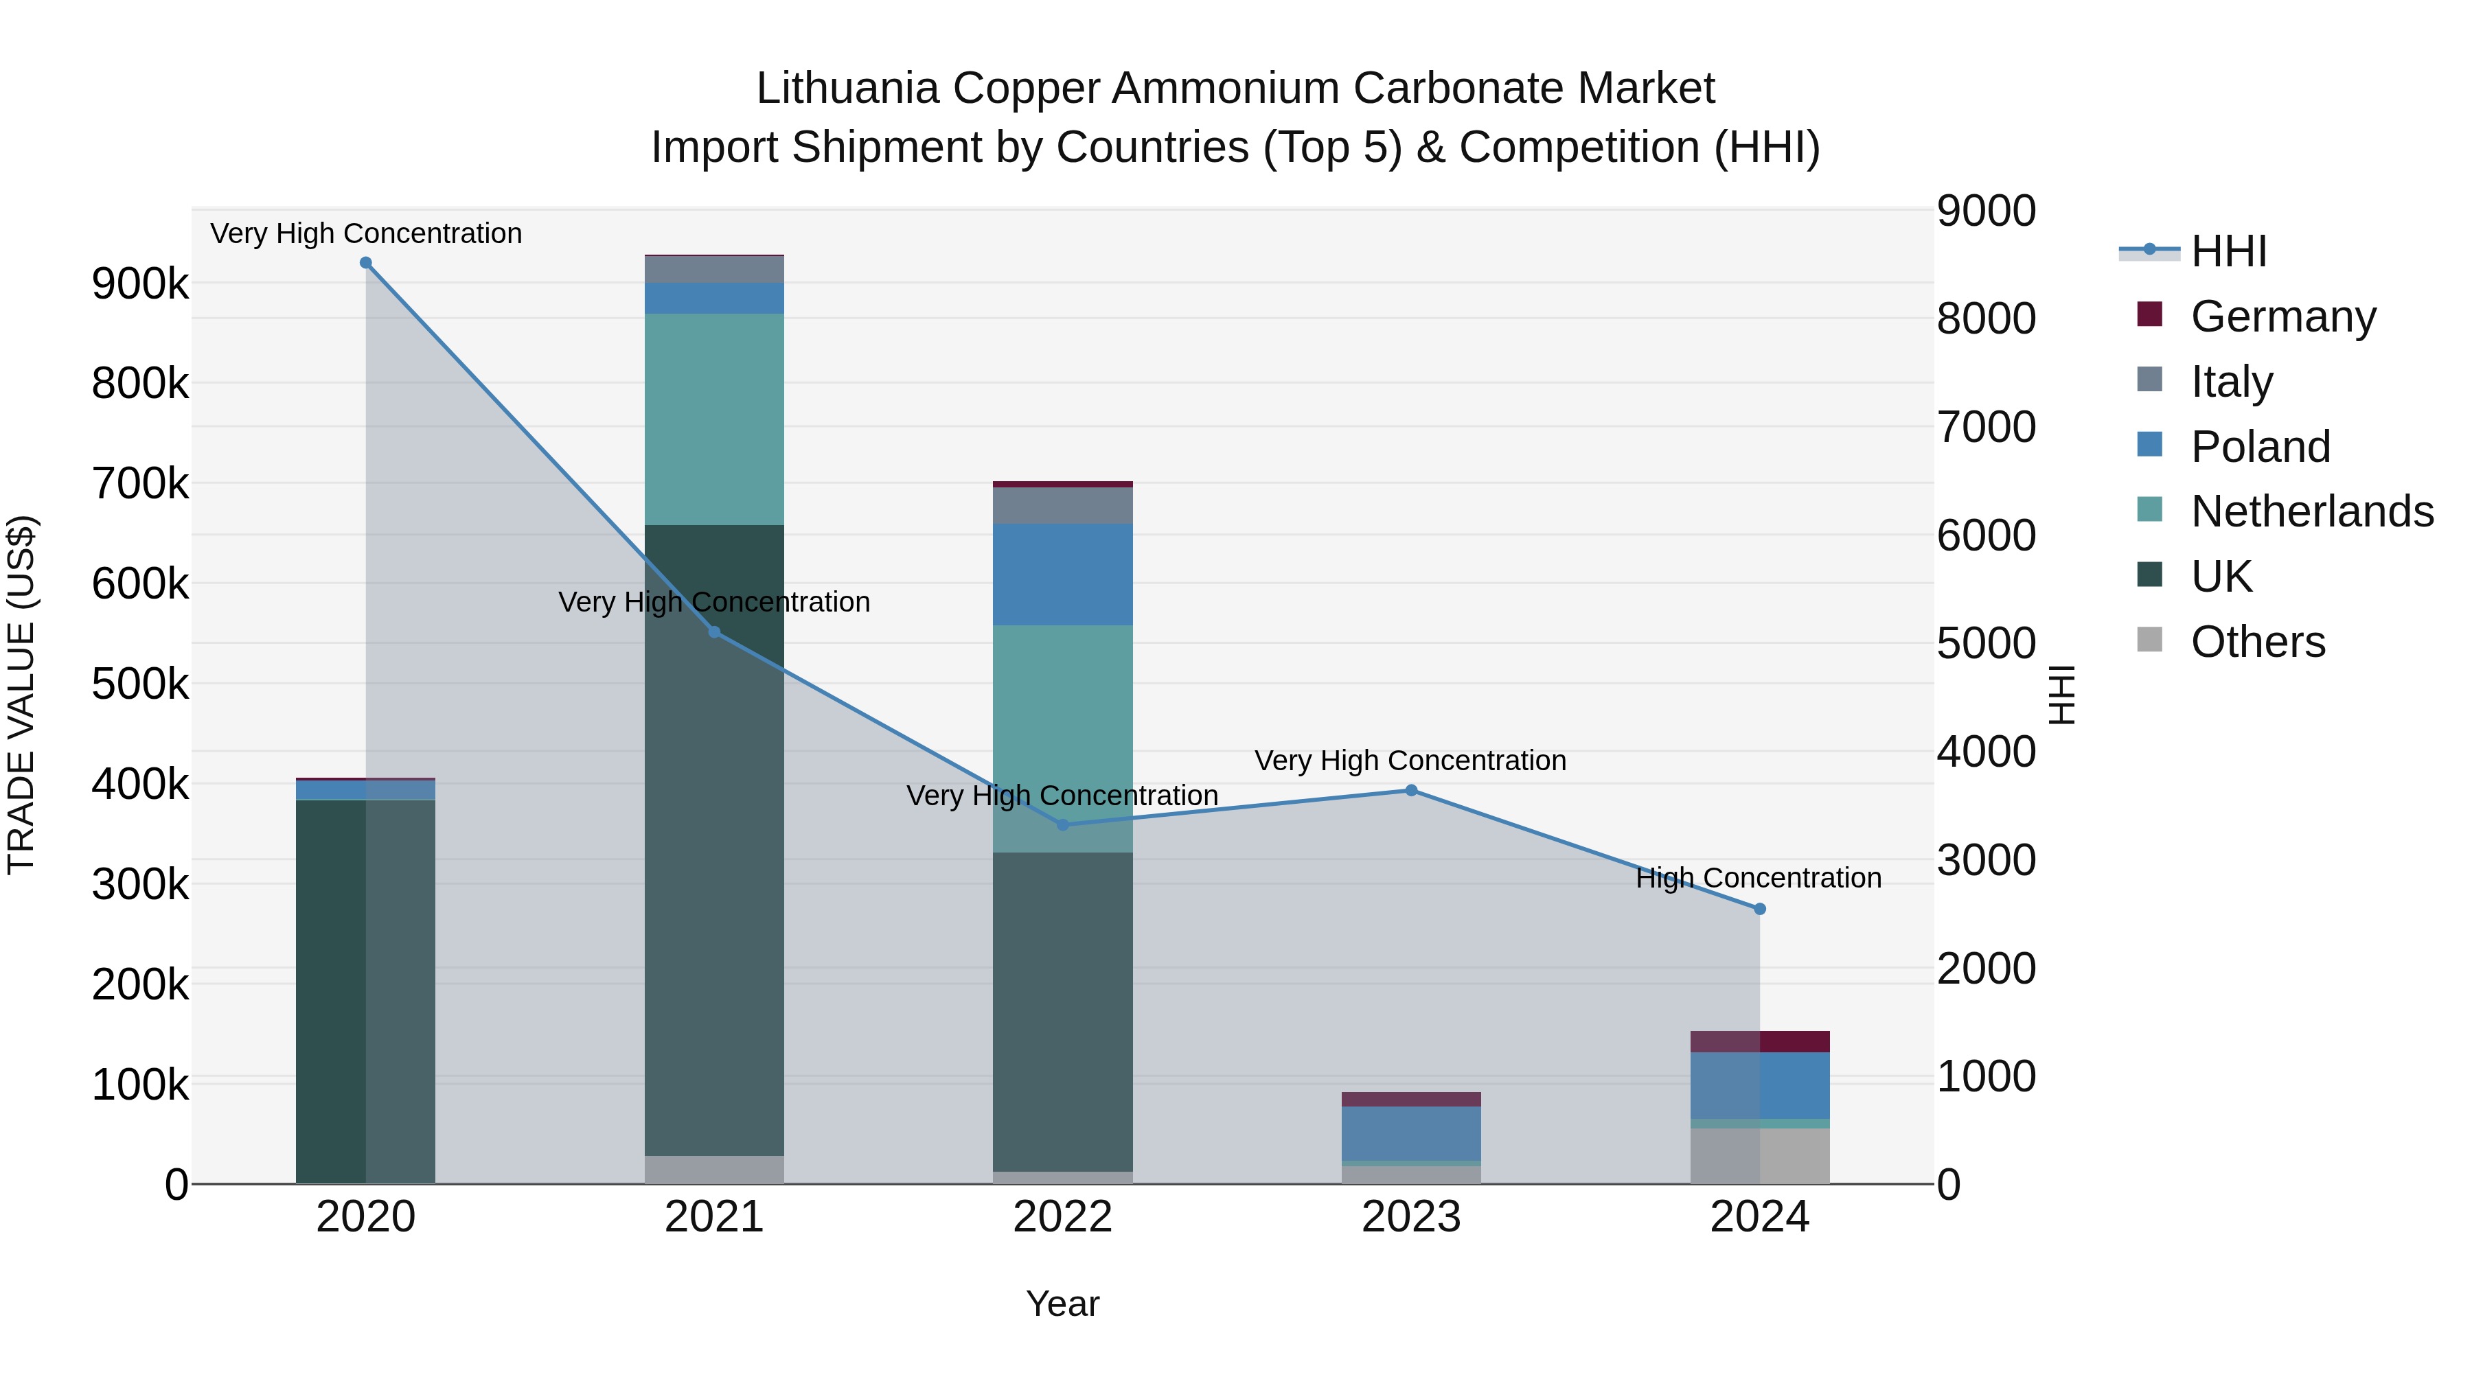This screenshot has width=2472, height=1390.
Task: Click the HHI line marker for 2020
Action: [365, 263]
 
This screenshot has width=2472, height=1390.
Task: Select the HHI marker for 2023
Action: [1410, 791]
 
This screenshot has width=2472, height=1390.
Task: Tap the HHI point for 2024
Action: [1759, 908]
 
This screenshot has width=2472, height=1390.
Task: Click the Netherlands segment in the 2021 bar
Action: [714, 419]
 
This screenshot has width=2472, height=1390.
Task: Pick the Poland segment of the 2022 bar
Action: [1062, 575]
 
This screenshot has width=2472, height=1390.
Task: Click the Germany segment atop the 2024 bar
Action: [1759, 1042]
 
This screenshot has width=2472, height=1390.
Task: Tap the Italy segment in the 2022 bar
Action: [1062, 505]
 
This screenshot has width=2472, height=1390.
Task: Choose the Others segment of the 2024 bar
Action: [1759, 1155]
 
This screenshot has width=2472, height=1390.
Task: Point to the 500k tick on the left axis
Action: [140, 684]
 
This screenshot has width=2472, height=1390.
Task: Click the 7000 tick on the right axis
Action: [1985, 427]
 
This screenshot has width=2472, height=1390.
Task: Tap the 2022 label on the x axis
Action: [1062, 1217]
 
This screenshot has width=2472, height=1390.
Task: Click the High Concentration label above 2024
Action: [1758, 878]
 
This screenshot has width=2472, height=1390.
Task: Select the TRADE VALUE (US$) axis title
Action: [21, 695]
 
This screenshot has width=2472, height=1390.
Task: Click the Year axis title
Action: [1062, 1304]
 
